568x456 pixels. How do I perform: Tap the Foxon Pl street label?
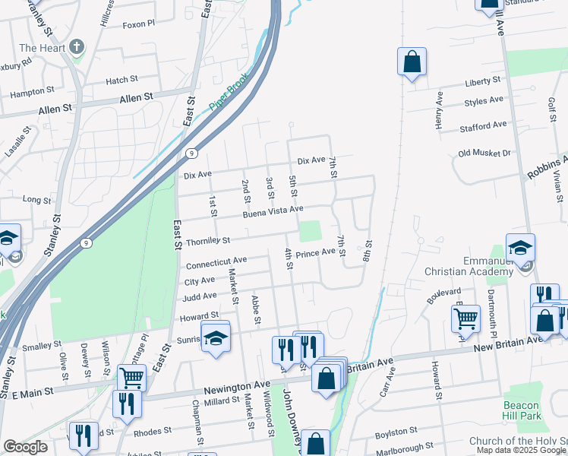144,45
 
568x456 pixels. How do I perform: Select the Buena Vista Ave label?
273,211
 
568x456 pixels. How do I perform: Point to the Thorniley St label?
207,241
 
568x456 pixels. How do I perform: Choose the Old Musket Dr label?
484,154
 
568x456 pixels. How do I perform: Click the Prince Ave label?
315,253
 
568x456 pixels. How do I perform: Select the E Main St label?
27,393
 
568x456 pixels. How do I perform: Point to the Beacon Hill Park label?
522,410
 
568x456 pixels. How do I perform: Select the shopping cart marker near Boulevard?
465,319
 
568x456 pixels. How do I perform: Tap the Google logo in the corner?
25,447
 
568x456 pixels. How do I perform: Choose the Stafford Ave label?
483,125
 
